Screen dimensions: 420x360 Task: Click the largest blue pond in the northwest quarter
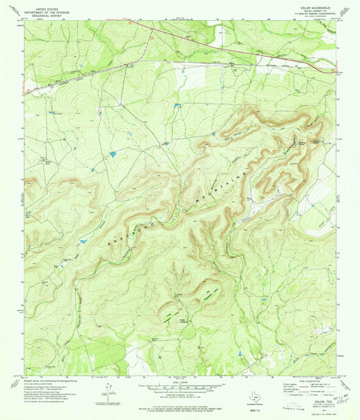click(113, 155)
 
